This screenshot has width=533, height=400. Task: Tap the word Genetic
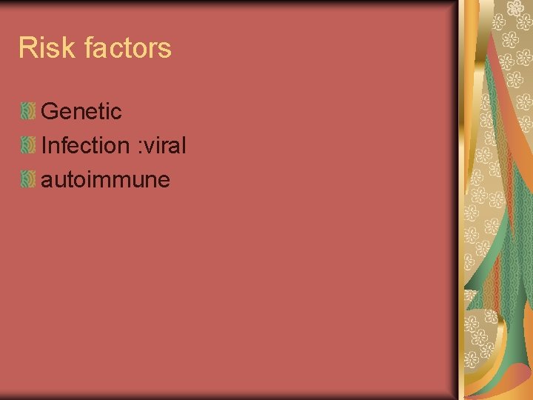[81, 112]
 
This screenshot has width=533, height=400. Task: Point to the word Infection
[85, 145]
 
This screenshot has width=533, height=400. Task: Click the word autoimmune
[106, 179]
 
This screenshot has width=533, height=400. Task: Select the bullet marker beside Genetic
[27, 112]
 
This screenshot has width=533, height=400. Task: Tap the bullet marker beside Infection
[27, 145]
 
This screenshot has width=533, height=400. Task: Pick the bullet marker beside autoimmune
[27, 179]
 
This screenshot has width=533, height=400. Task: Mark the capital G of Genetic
[50, 112]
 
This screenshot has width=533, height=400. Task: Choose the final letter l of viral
[183, 145]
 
